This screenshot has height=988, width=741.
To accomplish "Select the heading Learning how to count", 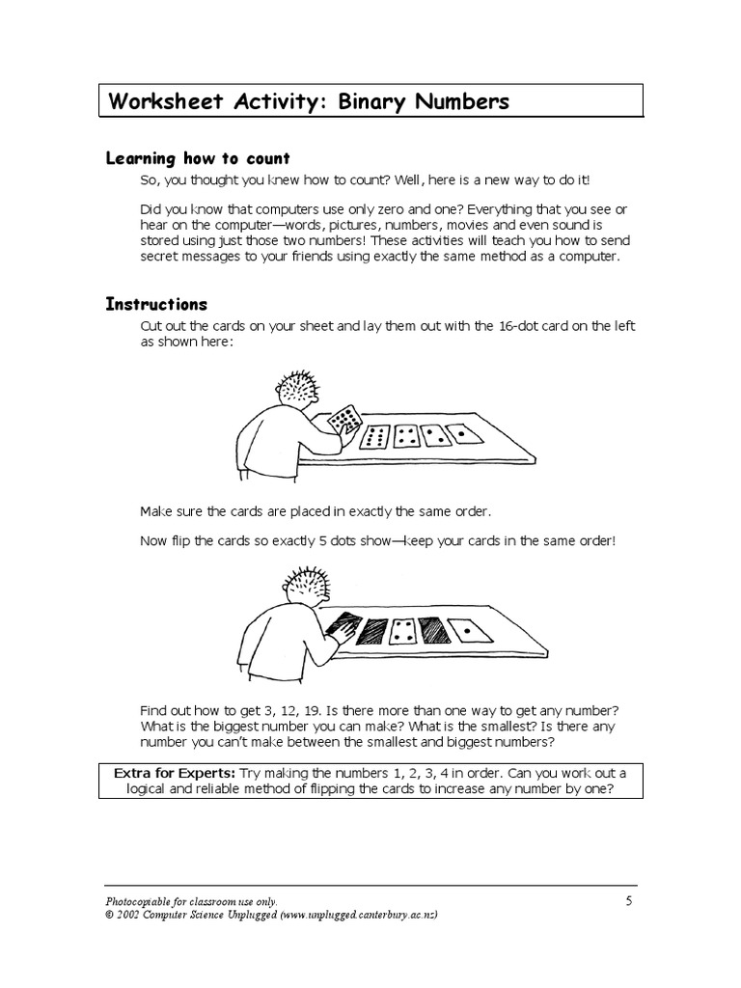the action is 198,158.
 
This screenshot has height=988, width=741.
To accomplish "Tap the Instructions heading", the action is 156,304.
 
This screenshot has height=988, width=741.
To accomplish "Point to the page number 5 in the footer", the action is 628,901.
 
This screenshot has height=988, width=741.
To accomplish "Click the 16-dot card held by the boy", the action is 344,419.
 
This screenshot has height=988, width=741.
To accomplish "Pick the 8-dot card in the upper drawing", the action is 374,437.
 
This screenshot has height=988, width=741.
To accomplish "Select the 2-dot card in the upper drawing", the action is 435,435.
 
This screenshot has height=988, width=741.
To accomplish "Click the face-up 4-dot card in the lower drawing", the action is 401,631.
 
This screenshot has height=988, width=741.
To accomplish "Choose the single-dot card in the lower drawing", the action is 470,630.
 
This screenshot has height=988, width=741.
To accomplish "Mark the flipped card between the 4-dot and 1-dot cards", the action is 435,630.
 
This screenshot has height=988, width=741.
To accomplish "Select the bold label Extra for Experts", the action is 175,773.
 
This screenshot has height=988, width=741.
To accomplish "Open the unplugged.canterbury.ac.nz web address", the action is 359,915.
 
